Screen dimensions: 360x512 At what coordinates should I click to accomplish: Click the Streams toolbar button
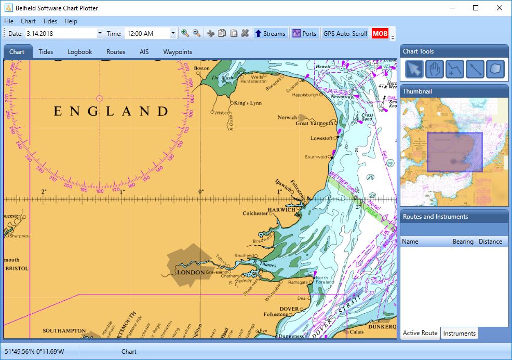pyautogui.click(x=270, y=34)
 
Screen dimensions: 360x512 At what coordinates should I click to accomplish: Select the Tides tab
pyautogui.click(x=46, y=52)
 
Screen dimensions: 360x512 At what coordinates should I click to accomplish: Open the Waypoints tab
pyautogui.click(x=178, y=52)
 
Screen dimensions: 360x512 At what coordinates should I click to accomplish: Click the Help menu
pyautogui.click(x=71, y=21)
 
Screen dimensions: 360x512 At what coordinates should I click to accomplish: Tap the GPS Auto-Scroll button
pyautogui.click(x=345, y=34)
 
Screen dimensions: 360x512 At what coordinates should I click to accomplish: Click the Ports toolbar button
pyautogui.click(x=304, y=34)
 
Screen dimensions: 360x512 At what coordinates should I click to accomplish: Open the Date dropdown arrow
pyautogui.click(x=100, y=34)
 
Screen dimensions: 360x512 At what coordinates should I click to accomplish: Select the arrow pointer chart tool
pyautogui.click(x=414, y=69)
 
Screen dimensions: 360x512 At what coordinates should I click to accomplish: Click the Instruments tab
pyautogui.click(x=459, y=334)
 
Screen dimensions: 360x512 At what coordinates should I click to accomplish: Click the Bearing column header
pyautogui.click(x=463, y=242)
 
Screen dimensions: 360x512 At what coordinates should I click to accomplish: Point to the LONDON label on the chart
pyautogui.click(x=191, y=272)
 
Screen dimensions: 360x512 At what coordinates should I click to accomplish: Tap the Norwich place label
pyautogui.click(x=287, y=117)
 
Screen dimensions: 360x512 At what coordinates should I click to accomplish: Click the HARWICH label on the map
pyautogui.click(x=281, y=210)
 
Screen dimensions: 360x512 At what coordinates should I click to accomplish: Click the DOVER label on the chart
pyautogui.click(x=289, y=309)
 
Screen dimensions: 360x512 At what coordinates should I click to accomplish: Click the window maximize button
pyautogui.click(x=476, y=8)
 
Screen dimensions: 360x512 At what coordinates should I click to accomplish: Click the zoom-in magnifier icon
pyautogui.click(x=185, y=33)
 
